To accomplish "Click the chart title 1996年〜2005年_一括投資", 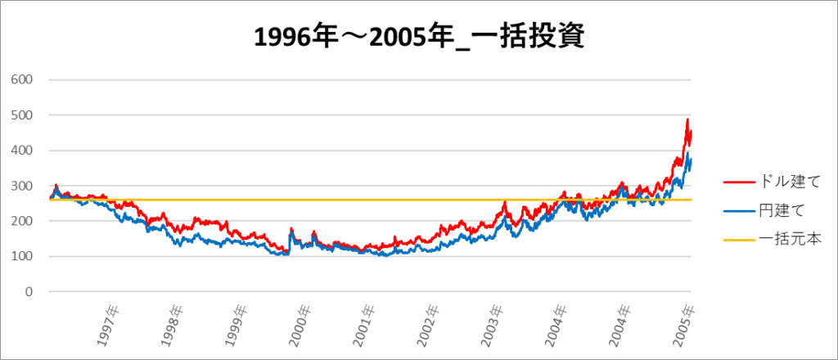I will (419, 37).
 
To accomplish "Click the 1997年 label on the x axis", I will (109, 326).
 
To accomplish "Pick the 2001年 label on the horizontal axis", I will (366, 326).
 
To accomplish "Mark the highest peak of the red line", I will (687, 119).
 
